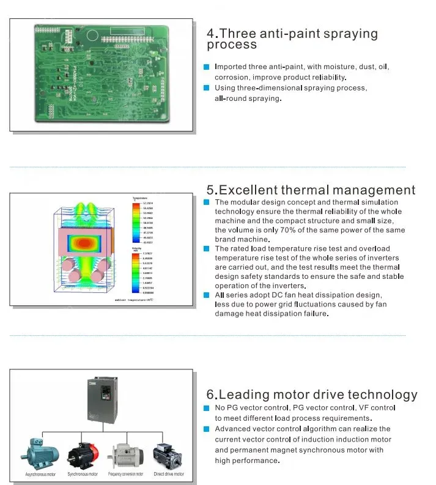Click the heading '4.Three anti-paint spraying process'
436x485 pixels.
[x=292, y=39]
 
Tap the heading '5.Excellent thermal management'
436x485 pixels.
[x=311, y=190]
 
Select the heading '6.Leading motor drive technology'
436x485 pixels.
[x=312, y=394]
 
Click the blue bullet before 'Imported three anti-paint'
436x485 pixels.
[x=207, y=67]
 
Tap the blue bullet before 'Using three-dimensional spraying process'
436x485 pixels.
[x=207, y=88]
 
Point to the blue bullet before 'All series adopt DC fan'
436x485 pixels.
[x=207, y=295]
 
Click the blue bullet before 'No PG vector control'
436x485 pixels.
[x=207, y=408]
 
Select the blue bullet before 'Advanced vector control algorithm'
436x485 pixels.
[x=207, y=429]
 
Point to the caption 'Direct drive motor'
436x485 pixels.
[x=168, y=474]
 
